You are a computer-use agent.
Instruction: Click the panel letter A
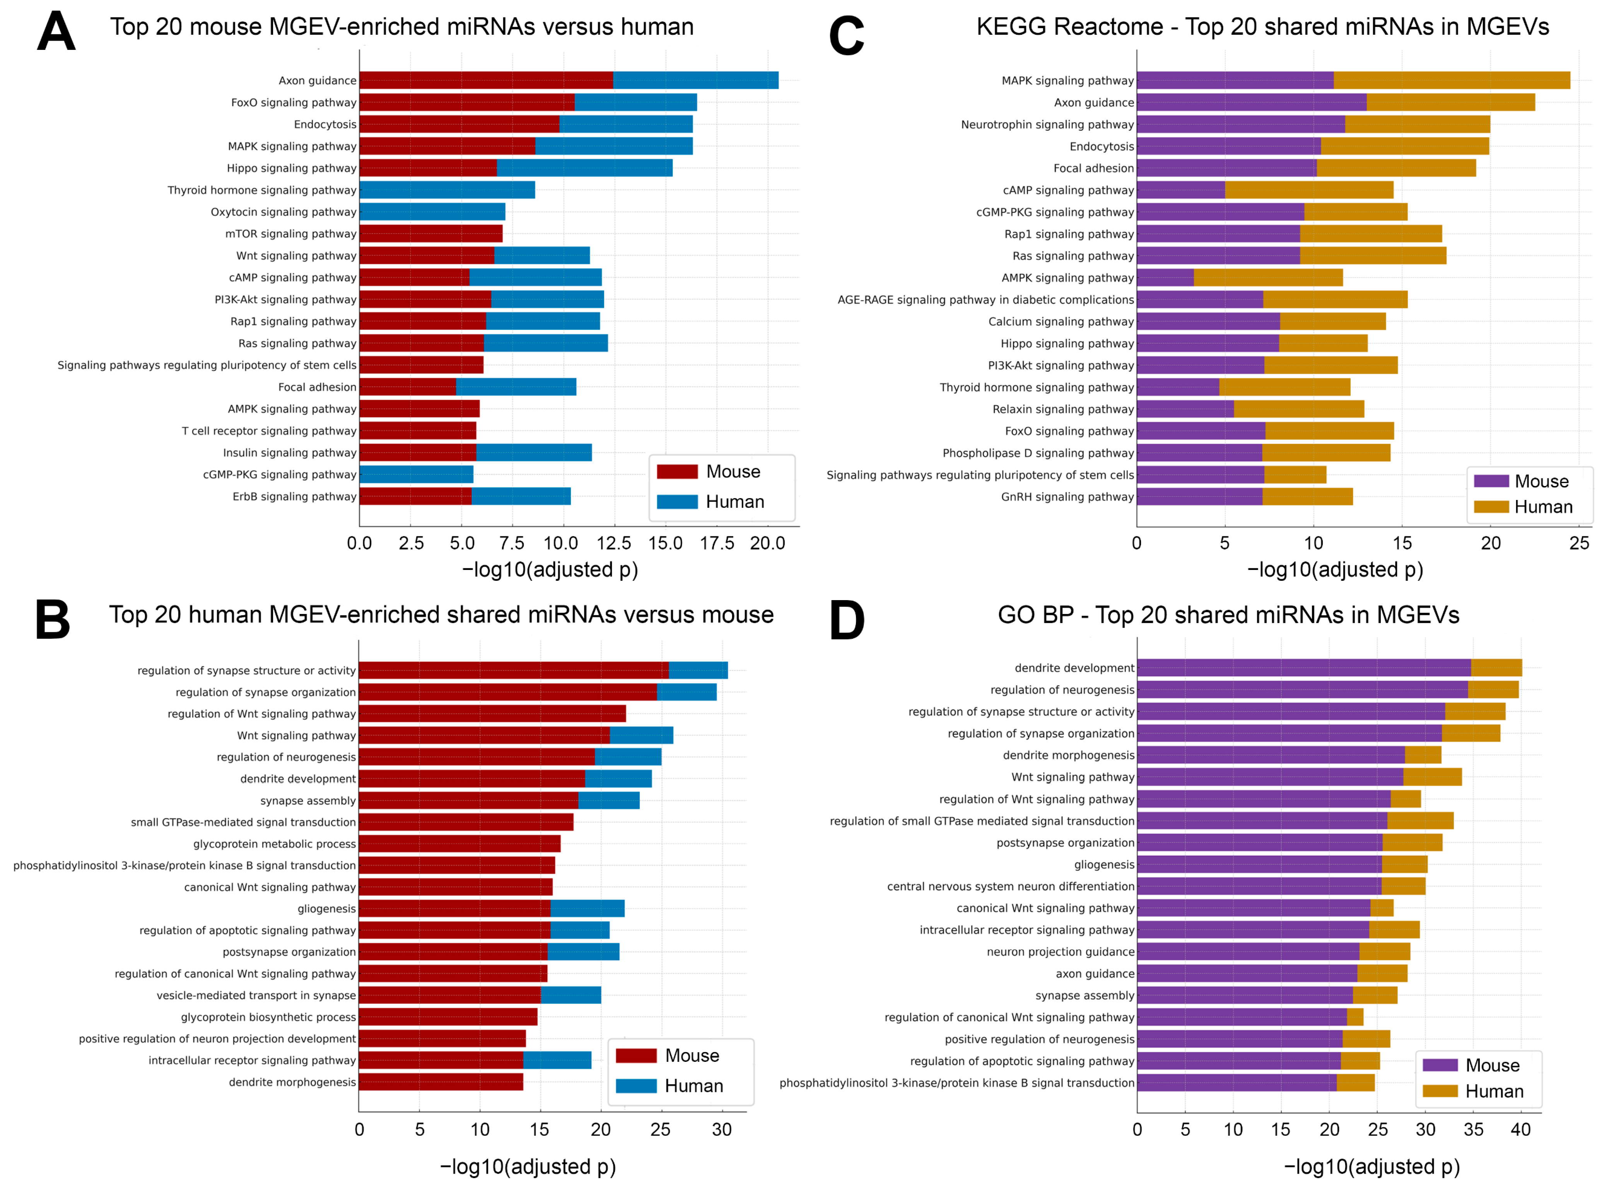(x=56, y=32)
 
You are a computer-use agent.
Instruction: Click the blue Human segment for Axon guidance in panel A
(x=695, y=80)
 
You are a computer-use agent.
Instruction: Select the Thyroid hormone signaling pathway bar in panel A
(x=447, y=190)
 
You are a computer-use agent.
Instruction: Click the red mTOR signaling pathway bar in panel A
(x=431, y=234)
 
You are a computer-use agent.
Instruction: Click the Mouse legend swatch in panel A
(x=676, y=472)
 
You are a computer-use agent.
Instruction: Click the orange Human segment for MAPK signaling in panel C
(x=1452, y=80)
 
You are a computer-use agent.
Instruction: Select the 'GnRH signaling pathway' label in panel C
(x=1067, y=496)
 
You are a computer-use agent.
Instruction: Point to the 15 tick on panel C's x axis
(x=1402, y=543)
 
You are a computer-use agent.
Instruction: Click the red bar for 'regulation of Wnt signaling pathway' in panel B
(x=492, y=714)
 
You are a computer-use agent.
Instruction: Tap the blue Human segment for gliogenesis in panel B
(x=587, y=909)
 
